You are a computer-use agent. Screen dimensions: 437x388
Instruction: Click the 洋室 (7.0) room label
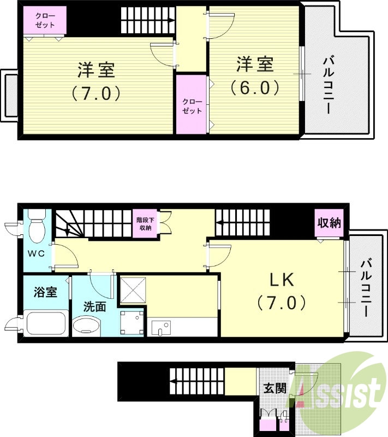(96, 82)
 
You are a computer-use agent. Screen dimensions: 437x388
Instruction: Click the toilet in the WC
(37, 229)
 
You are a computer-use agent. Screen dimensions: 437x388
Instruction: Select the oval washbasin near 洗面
(86, 328)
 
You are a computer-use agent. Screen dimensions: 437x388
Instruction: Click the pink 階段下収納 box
(145, 223)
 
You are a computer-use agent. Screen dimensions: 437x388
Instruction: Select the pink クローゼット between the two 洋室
(192, 105)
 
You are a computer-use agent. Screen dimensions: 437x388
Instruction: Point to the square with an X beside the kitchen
(132, 289)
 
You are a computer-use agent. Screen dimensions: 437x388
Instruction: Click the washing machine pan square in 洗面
(131, 323)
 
